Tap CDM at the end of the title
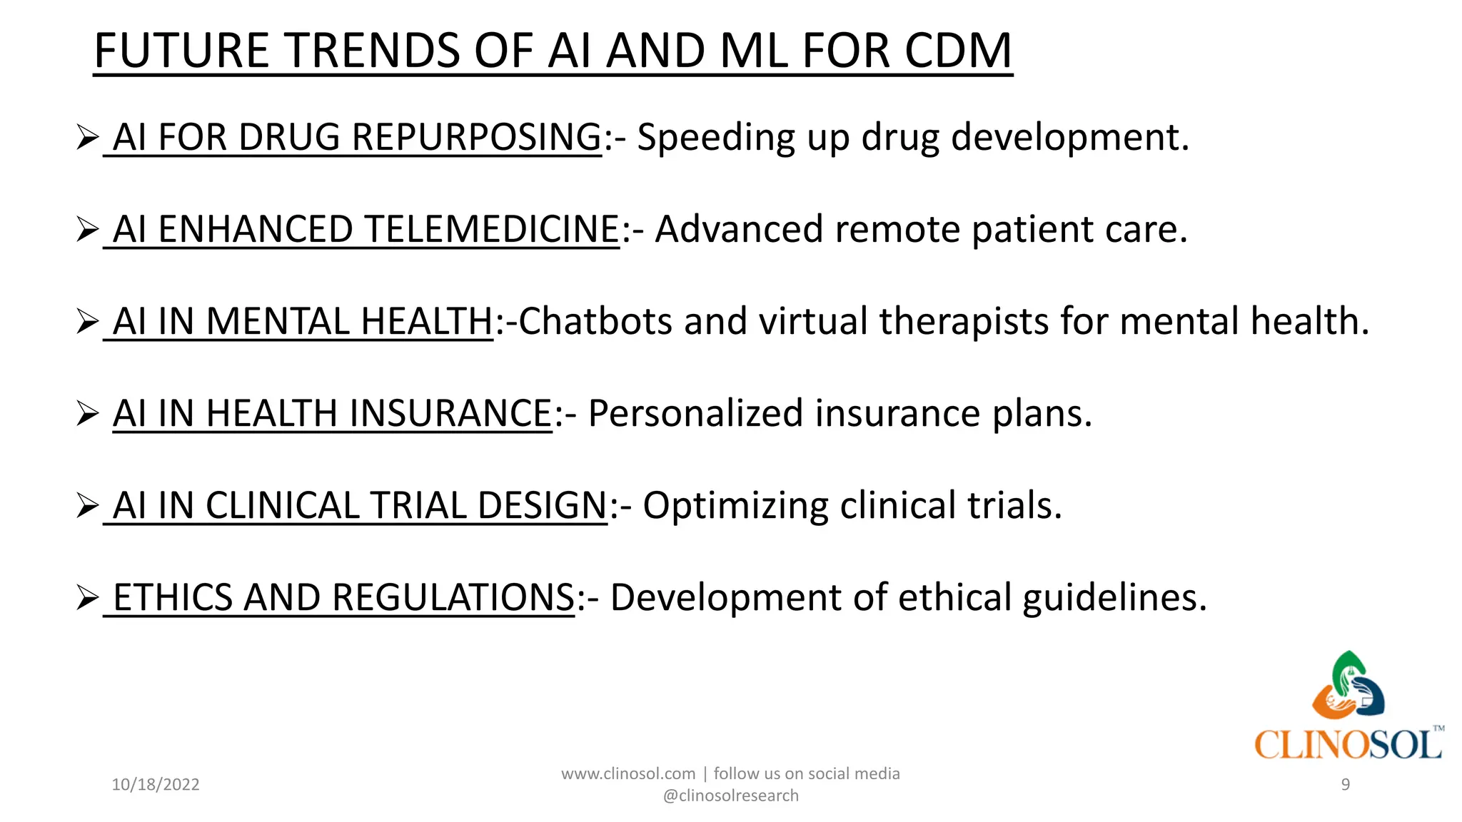pyautogui.click(x=958, y=51)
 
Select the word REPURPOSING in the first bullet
pyautogui.click(x=477, y=137)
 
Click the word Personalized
pyautogui.click(x=696, y=413)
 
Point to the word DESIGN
pyautogui.click(x=542, y=505)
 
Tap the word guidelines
pyautogui.click(x=1114, y=597)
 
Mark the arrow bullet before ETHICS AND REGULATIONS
pyautogui.click(x=87, y=597)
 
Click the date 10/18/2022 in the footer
pyautogui.click(x=156, y=785)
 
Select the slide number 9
pyautogui.click(x=1346, y=785)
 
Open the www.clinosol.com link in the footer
pyautogui.click(x=628, y=773)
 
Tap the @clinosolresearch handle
pyautogui.click(x=731, y=796)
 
